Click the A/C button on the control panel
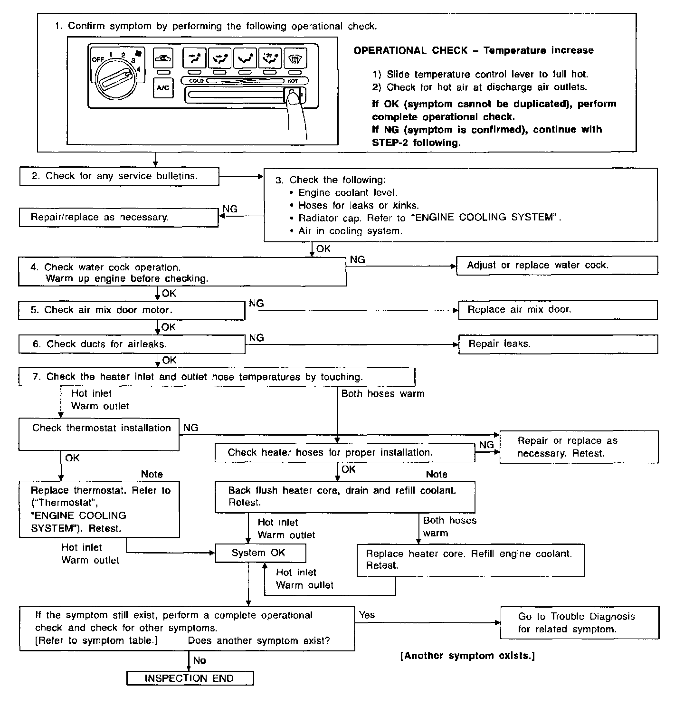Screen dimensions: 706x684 pyautogui.click(x=163, y=88)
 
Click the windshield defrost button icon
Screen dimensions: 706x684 pyautogui.click(x=295, y=58)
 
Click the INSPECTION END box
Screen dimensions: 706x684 pyautogui.click(x=190, y=678)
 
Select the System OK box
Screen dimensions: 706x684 pyautogui.click(x=260, y=553)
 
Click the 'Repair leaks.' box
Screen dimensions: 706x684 pyautogui.click(x=558, y=344)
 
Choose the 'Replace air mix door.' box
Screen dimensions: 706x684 pyautogui.click(x=558, y=310)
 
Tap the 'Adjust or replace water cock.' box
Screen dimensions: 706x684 pyautogui.click(x=557, y=266)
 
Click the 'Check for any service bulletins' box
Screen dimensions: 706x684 pyautogui.click(x=119, y=176)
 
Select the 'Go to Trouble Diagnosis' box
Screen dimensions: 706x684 pyautogui.click(x=579, y=622)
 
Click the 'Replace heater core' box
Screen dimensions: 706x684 pyautogui.click(x=470, y=560)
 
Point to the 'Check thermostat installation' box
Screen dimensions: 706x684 pyautogui.click(x=99, y=434)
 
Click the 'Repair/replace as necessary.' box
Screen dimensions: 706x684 pyautogui.click(x=119, y=218)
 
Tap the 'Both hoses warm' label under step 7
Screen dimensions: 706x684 pyautogui.click(x=383, y=393)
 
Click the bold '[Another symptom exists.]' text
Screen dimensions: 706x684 pyautogui.click(x=468, y=656)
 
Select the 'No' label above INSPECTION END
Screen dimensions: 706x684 pyautogui.click(x=199, y=660)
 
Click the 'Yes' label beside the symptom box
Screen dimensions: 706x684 pyautogui.click(x=367, y=615)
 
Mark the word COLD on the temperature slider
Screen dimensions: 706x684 pyautogui.click(x=196, y=81)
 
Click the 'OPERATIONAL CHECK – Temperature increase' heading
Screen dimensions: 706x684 pyautogui.click(x=474, y=50)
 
